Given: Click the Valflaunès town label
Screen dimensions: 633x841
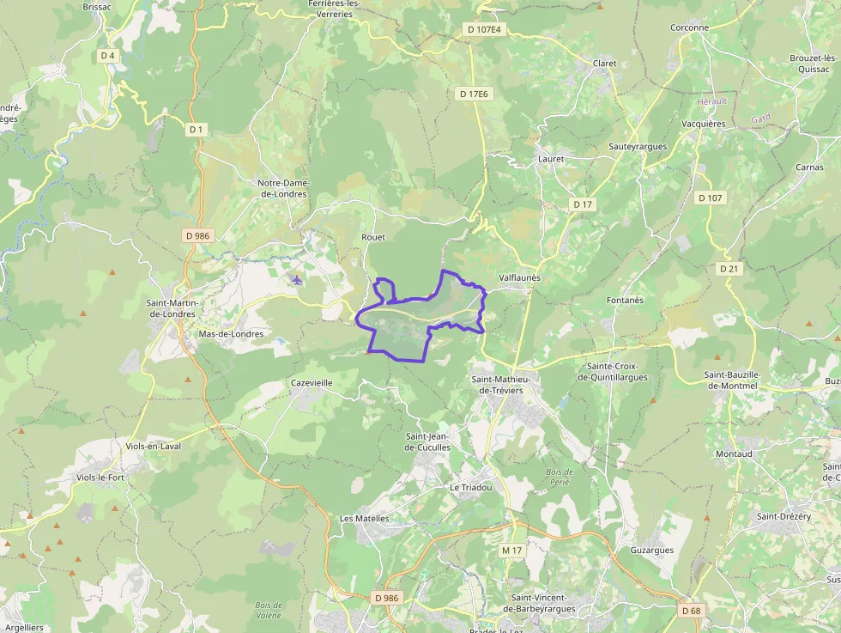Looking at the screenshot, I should (x=520, y=278).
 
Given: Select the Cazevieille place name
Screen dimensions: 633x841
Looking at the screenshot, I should (x=312, y=382).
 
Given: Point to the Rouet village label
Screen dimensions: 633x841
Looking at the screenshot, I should (x=373, y=237).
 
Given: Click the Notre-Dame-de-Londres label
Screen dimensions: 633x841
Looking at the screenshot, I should (x=283, y=188).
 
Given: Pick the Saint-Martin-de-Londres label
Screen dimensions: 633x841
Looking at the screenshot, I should (x=173, y=307).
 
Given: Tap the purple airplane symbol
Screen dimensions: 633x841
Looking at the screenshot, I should (x=297, y=279).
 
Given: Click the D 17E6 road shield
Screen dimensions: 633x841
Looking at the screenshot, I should (x=473, y=94).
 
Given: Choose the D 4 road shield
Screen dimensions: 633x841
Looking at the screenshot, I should (x=107, y=56).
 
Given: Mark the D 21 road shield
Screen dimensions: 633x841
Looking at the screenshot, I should (x=729, y=269).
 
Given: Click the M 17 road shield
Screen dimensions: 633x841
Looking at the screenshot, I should (x=512, y=550).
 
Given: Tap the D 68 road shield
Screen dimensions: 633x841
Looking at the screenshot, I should (x=691, y=611).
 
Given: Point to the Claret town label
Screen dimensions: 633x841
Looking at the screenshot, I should (x=605, y=63).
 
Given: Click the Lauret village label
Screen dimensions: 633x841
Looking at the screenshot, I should (x=551, y=159).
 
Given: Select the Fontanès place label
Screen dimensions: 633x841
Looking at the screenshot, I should (x=625, y=300).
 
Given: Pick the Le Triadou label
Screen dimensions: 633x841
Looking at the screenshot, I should (x=471, y=487).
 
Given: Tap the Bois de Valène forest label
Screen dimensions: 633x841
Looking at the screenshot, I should (x=269, y=611).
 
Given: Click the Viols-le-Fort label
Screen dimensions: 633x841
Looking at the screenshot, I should (x=100, y=478).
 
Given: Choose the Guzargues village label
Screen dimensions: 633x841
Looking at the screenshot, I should (x=652, y=550).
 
